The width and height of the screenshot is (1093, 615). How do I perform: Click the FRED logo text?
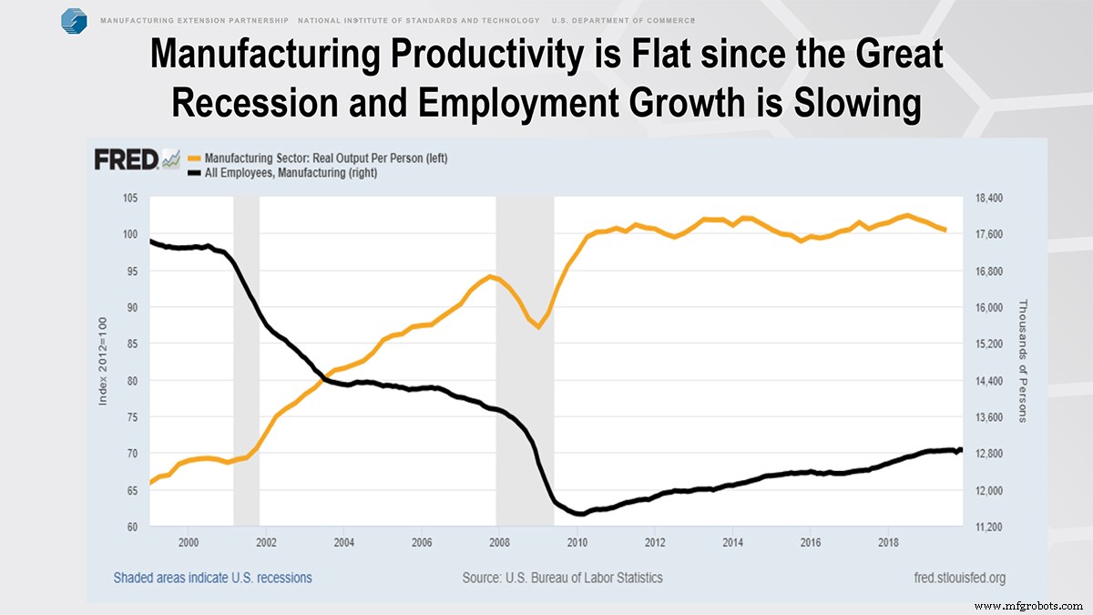pyautogui.click(x=126, y=159)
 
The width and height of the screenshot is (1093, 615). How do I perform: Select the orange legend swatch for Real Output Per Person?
pyautogui.click(x=194, y=159)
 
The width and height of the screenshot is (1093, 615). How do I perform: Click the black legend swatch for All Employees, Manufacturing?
pyautogui.click(x=194, y=173)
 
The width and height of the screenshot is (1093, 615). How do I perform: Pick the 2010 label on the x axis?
pyautogui.click(x=577, y=543)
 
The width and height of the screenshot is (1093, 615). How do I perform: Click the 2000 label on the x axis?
pyautogui.click(x=189, y=543)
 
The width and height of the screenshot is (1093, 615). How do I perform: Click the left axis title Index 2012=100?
pyautogui.click(x=105, y=362)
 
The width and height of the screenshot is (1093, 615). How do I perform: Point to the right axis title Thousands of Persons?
pyautogui.click(x=1022, y=361)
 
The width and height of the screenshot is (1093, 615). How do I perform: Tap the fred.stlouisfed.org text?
pyautogui.click(x=959, y=578)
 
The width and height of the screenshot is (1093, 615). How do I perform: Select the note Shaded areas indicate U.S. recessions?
pyautogui.click(x=213, y=578)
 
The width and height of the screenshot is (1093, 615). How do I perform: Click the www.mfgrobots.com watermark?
pyautogui.click(x=1030, y=605)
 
